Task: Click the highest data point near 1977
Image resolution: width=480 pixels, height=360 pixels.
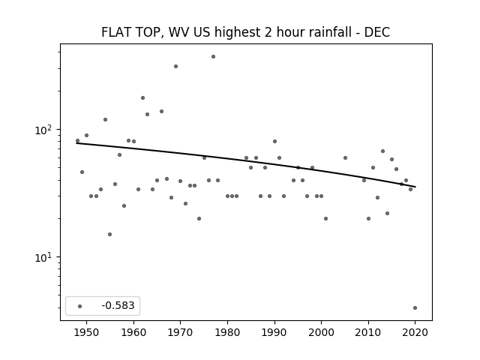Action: [213, 57]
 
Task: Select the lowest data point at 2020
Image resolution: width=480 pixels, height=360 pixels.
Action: [415, 308]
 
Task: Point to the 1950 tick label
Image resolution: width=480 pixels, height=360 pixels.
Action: [87, 332]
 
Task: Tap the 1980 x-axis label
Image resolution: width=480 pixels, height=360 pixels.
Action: [227, 332]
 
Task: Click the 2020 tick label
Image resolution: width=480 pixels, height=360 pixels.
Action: [415, 332]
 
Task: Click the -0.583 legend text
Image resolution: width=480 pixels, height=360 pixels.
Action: [118, 305]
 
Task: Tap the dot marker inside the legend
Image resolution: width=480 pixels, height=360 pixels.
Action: [80, 306]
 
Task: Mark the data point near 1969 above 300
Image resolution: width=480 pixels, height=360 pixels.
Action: [175, 67]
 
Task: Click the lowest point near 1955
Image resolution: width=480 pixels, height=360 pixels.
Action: [110, 235]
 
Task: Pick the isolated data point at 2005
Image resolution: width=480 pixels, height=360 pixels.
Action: [345, 158]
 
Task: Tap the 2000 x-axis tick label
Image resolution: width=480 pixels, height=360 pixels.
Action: [321, 332]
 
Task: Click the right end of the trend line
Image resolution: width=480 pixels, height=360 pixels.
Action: [415, 187]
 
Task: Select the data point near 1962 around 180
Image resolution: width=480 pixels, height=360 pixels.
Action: [142, 98]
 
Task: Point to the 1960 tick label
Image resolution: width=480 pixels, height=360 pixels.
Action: [133, 332]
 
